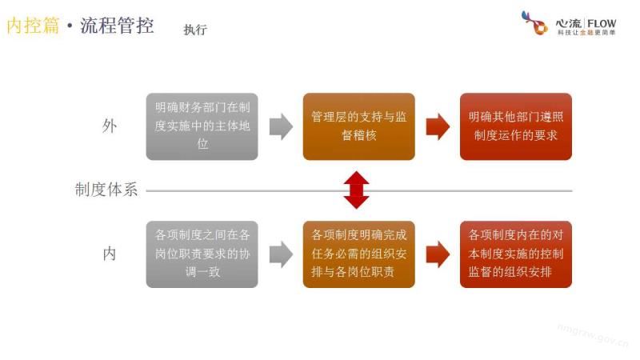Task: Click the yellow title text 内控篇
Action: (x=33, y=26)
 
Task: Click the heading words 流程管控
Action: (x=117, y=26)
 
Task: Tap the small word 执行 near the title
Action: (x=195, y=30)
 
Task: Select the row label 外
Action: (x=109, y=126)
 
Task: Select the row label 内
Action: (x=109, y=254)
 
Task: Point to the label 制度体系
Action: (x=106, y=190)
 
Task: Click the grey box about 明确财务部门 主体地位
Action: (x=202, y=126)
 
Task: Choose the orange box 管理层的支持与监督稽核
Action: (x=358, y=126)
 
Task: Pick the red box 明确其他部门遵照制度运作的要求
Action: (x=516, y=126)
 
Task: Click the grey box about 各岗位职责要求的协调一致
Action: (x=202, y=254)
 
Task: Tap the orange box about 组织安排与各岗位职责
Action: (x=358, y=254)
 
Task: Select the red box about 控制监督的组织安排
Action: (x=516, y=254)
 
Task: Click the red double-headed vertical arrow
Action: (x=357, y=190)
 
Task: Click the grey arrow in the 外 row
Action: (x=280, y=126)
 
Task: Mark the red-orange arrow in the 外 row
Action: (x=438, y=126)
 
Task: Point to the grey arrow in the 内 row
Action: (x=280, y=254)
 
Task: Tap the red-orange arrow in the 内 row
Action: (x=438, y=254)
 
